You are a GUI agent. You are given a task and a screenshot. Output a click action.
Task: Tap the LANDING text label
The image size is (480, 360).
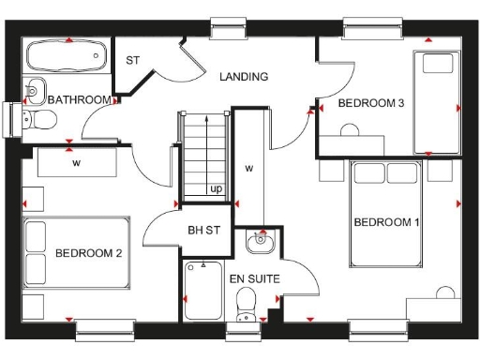243,77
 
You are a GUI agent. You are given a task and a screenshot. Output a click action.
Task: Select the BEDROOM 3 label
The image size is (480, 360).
370,103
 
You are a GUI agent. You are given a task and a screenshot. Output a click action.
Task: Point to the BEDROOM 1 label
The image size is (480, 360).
386,222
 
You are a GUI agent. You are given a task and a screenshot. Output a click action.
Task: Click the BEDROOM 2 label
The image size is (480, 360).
87,253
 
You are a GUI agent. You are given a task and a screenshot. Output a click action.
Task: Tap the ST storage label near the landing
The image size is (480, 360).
132,60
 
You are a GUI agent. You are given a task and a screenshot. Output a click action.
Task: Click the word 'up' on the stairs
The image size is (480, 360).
216,188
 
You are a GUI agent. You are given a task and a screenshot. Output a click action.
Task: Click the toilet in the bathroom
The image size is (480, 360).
35,120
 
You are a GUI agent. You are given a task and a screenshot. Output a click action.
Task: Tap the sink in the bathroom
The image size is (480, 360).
34,91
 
